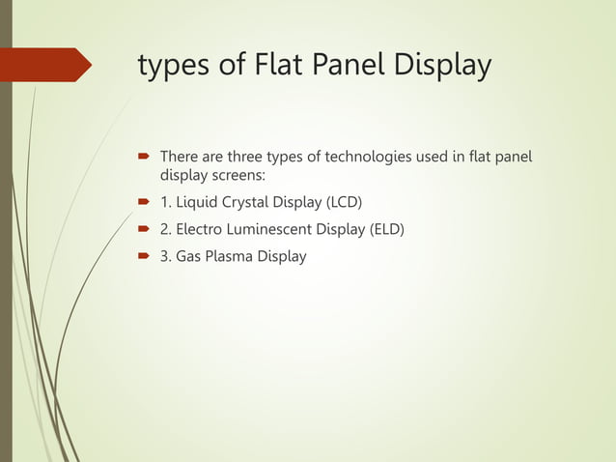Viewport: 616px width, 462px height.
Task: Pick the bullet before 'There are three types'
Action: pos(142,157)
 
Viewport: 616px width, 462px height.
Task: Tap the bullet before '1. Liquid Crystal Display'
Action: pos(142,203)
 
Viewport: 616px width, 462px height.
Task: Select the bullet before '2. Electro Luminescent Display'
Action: pos(142,230)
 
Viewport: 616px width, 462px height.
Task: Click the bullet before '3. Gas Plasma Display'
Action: pos(142,257)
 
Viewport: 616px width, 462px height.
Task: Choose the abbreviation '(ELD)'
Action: pos(383,229)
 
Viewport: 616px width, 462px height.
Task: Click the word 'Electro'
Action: pos(200,229)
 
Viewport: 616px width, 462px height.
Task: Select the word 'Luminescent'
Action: pos(271,229)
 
